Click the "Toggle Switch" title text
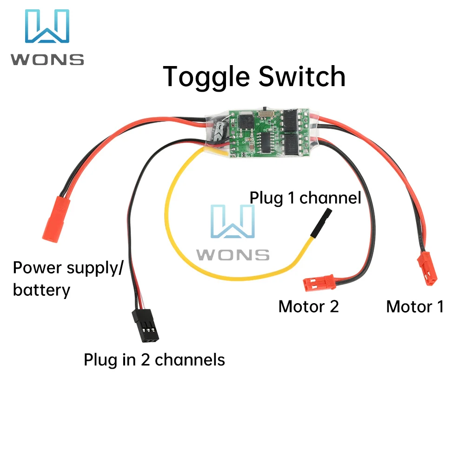pos(255,77)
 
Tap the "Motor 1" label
pos(415,306)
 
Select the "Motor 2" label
pos(308,306)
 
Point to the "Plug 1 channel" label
pos(306,198)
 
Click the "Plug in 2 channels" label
pos(154,359)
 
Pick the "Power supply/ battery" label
pos(67,279)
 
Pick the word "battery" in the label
pos(41,290)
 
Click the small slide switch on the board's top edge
pos(266,111)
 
